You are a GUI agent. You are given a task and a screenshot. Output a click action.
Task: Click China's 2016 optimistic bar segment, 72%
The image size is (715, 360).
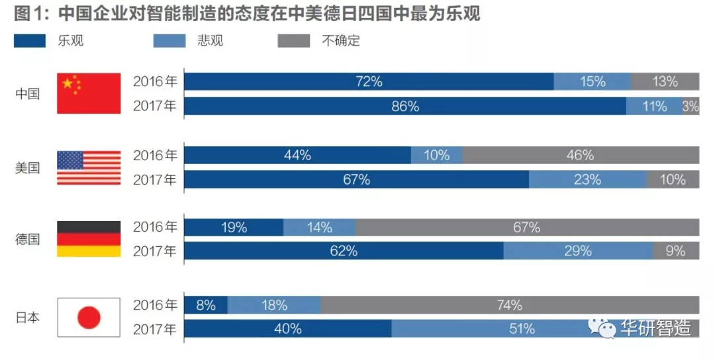point(369,81)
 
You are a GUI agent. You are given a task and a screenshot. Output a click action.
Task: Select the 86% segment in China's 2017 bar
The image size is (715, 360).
point(405,106)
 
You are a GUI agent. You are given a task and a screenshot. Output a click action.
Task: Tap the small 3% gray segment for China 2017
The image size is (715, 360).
point(691,106)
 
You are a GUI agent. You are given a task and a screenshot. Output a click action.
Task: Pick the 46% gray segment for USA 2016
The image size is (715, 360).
point(580,156)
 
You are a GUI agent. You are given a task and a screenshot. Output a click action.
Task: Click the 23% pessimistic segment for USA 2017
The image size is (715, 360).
point(587,179)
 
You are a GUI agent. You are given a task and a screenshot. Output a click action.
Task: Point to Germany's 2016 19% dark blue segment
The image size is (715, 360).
point(233,227)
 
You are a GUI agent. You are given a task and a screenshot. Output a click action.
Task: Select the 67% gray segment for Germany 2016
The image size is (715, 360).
point(526,227)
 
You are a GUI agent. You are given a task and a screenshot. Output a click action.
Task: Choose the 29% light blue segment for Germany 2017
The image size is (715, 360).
point(578,251)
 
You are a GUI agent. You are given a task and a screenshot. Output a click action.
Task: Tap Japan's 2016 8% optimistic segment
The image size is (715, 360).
point(206,305)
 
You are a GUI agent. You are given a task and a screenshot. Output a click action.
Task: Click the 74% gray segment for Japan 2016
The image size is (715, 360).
point(510,305)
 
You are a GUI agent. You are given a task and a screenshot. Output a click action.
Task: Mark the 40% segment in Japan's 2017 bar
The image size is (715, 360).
point(287,329)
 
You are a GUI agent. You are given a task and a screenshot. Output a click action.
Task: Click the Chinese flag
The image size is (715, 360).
point(89,93)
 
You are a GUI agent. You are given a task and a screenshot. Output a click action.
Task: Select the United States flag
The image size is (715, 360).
point(89,167)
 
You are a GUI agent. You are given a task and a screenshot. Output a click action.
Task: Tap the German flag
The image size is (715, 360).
point(89,239)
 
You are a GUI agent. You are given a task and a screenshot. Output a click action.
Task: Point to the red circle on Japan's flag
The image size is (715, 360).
point(89,318)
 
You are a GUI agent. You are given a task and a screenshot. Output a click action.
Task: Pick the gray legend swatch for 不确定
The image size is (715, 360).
point(294,41)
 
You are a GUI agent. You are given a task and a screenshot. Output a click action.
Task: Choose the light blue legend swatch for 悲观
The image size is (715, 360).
point(169,41)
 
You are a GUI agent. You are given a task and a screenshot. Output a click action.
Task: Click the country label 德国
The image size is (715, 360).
point(28,239)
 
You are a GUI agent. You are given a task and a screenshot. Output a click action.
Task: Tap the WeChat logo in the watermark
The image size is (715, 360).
point(603,327)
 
